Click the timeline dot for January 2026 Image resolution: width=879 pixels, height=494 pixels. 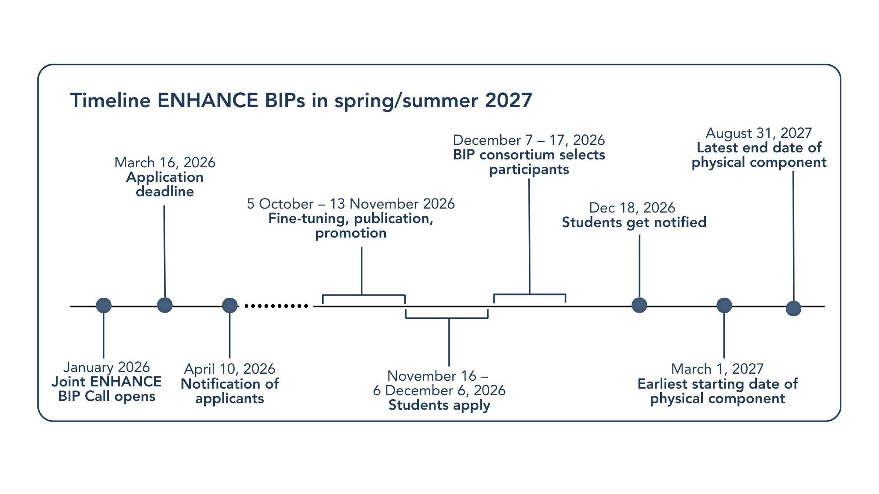104,305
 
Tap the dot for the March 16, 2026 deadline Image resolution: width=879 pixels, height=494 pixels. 165,305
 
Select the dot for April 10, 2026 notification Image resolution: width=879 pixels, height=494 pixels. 229,305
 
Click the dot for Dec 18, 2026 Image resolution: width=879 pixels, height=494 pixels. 639,305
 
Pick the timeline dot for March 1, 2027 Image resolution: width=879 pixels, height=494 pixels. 724,305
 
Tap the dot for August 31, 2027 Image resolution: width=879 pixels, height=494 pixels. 793,308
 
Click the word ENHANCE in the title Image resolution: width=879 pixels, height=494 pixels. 207,100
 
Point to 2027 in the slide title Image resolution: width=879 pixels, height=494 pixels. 509,100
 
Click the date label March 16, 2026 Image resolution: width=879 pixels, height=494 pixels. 165,162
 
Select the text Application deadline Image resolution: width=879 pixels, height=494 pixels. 165,184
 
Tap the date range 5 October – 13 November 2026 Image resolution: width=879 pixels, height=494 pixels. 351,204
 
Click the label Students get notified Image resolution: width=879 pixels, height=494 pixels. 634,223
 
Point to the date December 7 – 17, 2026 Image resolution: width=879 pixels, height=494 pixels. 529,140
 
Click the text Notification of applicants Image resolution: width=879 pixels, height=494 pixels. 229,391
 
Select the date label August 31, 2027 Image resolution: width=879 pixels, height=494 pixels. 759,133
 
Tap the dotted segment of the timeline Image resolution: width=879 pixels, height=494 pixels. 276,306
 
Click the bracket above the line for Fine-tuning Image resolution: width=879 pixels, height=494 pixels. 362,295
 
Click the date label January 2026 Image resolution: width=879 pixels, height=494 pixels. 106,367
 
